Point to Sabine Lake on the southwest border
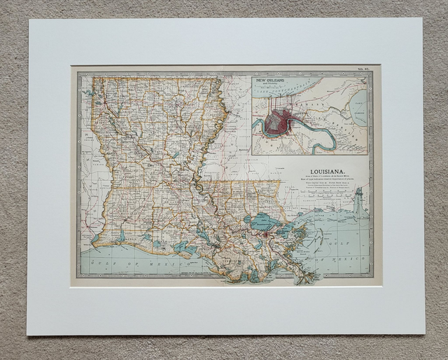(94, 238)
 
